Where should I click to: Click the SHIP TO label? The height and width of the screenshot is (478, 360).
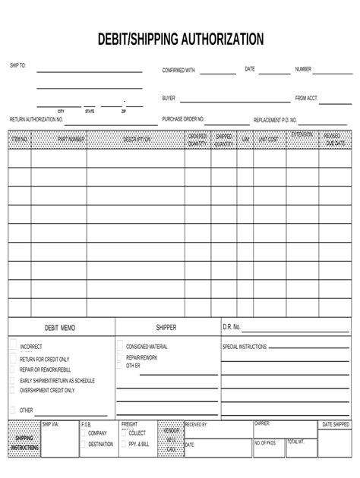(x=17, y=66)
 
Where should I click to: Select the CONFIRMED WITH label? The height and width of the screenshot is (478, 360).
(x=178, y=70)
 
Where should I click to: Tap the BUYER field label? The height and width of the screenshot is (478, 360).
(x=169, y=98)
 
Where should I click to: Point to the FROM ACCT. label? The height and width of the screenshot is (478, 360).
(x=307, y=98)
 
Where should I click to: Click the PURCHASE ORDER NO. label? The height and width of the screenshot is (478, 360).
(x=183, y=119)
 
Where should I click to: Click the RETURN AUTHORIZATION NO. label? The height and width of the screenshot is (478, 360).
(x=36, y=119)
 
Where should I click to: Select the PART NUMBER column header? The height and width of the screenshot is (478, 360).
(x=71, y=140)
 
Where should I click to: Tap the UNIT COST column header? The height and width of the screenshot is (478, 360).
(x=268, y=140)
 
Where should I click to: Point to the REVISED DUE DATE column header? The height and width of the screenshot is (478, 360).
(x=335, y=140)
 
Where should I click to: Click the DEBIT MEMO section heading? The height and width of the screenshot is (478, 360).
(x=60, y=328)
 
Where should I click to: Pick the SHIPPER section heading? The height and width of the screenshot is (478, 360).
(x=166, y=328)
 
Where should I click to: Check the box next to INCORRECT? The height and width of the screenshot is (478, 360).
(x=13, y=345)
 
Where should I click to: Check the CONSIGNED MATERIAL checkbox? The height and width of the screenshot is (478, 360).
(x=120, y=345)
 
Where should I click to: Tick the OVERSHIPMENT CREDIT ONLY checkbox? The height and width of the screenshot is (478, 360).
(x=13, y=390)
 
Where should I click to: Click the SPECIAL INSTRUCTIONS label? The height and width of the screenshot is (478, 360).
(x=245, y=346)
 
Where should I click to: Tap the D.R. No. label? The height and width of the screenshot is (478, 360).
(x=232, y=328)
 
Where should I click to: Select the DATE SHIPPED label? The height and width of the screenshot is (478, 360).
(x=336, y=424)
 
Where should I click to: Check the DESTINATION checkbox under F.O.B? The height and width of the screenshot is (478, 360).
(x=83, y=444)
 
